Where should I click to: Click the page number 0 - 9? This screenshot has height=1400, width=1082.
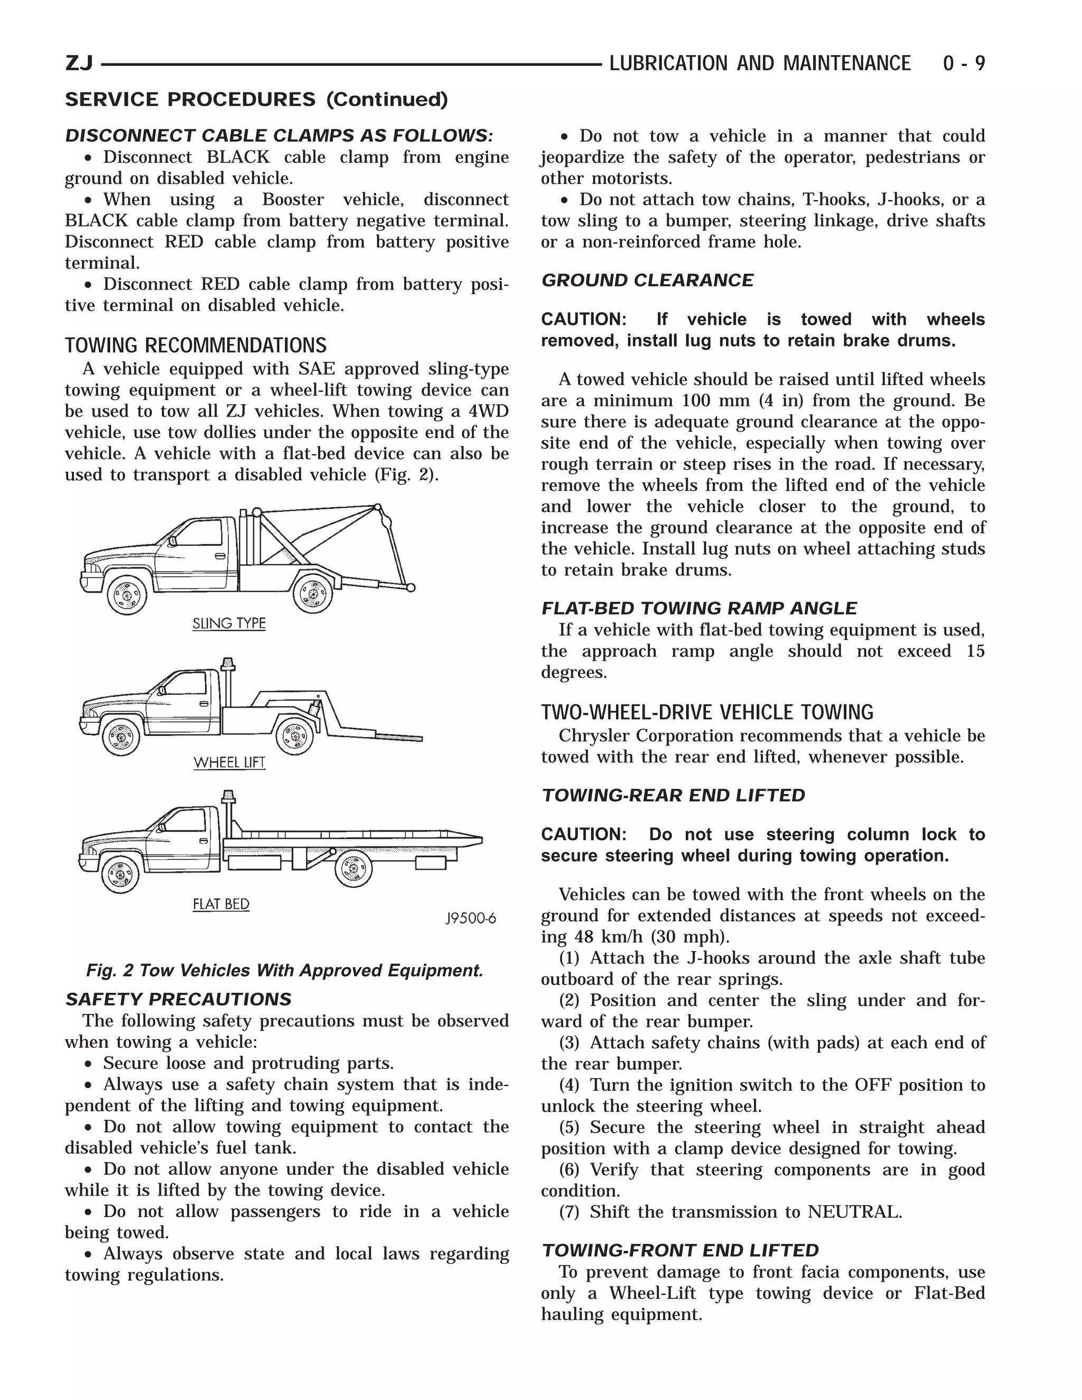tap(964, 63)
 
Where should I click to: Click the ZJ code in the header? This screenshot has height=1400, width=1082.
tap(79, 63)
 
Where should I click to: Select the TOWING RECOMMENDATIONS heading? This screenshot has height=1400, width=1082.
tap(195, 346)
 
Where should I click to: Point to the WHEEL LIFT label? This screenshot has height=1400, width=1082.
tap(229, 762)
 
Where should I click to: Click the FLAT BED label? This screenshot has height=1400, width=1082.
tap(220, 904)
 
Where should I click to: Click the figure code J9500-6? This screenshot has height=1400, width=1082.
tap(471, 919)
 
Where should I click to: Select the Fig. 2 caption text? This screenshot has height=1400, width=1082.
tap(285, 970)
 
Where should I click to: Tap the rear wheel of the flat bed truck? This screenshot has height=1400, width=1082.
tap(353, 869)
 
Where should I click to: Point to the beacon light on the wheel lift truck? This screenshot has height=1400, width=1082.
tap(227, 664)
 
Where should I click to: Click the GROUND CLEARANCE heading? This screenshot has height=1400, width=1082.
tap(647, 280)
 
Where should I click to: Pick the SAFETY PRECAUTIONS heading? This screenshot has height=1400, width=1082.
tap(178, 1000)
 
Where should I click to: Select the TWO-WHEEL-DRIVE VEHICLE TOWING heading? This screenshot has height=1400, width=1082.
tap(707, 712)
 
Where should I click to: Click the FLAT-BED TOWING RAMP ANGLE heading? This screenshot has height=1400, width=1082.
tap(698, 608)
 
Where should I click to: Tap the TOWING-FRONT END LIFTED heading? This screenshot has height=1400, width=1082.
tap(679, 1250)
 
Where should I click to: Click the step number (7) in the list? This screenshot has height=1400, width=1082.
tap(568, 1212)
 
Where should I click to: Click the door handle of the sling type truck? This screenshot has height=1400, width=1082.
tap(220, 555)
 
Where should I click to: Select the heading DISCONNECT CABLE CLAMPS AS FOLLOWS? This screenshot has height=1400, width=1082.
tap(279, 136)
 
